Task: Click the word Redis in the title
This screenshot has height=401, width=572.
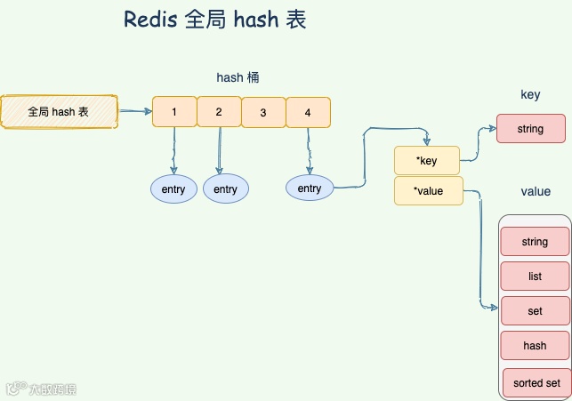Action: click(x=150, y=20)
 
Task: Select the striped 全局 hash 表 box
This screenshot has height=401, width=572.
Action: click(x=59, y=111)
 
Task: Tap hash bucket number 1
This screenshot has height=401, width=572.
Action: click(x=174, y=111)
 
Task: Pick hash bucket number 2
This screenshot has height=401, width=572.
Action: click(x=219, y=111)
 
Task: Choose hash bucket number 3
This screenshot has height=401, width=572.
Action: click(x=263, y=112)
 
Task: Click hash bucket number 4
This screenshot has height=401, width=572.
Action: click(x=309, y=112)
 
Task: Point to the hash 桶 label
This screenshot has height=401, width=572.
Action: click(x=238, y=77)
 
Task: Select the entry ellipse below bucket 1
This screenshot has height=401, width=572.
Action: click(x=173, y=188)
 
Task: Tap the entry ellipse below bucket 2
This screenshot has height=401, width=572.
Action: click(x=226, y=188)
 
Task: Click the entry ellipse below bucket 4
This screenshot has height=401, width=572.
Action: click(x=310, y=188)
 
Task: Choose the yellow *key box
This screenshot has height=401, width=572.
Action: click(x=427, y=160)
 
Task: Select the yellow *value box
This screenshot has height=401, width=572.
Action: click(x=429, y=190)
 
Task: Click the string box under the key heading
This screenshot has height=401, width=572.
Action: click(x=531, y=128)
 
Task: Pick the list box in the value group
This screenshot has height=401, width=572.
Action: click(x=535, y=276)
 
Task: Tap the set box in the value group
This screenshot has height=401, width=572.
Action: click(x=536, y=310)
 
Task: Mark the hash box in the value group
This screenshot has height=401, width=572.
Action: click(x=535, y=345)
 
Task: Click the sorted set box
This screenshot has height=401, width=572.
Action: click(x=537, y=382)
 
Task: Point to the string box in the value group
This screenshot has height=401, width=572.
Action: click(x=535, y=241)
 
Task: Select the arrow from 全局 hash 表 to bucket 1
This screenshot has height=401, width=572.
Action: click(x=135, y=111)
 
